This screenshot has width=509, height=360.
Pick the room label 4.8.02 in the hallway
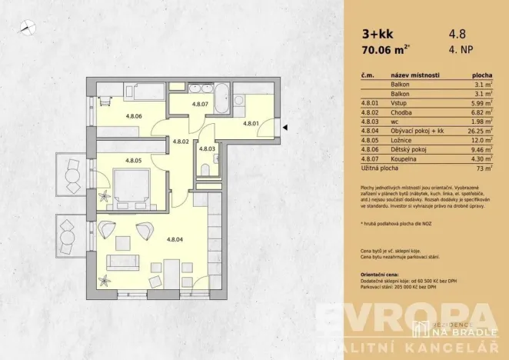[181, 142]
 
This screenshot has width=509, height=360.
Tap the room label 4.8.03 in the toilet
[207, 148]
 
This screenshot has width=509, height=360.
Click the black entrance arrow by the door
[284, 128]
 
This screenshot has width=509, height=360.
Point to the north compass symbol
[28, 28]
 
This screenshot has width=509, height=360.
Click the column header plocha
[481, 76]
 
